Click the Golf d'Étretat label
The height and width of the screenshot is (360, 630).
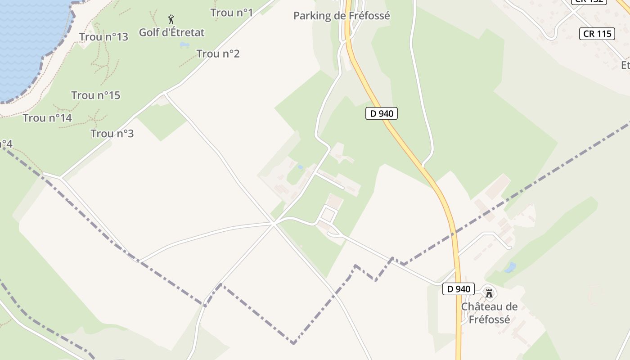(171, 32)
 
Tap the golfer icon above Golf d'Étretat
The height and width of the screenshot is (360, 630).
(171, 19)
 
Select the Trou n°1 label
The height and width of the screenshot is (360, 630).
(231, 13)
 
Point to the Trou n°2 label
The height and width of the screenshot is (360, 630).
(218, 54)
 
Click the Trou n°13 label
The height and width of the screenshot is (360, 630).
(103, 37)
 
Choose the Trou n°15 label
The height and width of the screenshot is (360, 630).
(95, 95)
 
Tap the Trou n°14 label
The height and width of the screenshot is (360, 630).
(47, 118)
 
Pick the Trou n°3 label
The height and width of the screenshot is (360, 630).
(112, 134)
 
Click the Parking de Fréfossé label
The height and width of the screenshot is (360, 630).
(342, 16)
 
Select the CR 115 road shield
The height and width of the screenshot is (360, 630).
(597, 34)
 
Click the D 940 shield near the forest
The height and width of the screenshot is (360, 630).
(381, 114)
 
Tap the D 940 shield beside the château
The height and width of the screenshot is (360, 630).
(459, 289)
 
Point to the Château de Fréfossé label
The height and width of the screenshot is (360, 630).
(489, 313)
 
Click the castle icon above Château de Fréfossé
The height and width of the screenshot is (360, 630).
(489, 293)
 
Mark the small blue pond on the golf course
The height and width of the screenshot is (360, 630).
(184, 45)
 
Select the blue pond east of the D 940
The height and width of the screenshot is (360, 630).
(510, 267)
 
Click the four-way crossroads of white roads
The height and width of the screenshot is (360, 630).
(274, 223)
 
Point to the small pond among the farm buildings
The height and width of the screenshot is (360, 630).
(300, 167)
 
